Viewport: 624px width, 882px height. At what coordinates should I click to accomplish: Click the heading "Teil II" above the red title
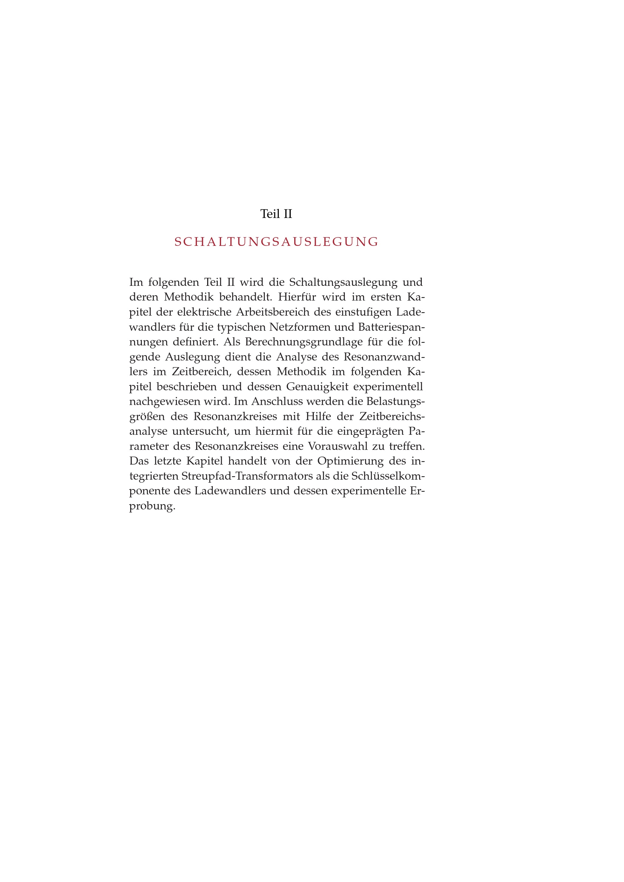276,214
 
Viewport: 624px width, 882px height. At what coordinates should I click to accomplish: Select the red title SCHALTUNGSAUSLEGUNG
277,242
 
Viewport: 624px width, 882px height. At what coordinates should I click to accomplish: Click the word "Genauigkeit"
317,387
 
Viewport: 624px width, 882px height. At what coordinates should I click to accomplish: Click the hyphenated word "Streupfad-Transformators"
247,476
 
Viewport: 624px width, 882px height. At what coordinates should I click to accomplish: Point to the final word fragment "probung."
152,506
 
